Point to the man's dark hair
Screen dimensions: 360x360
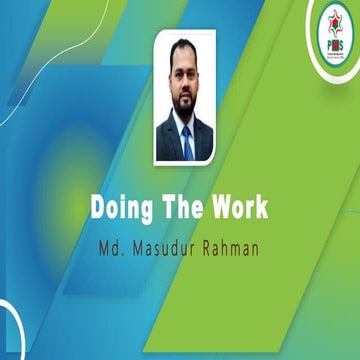point(181,48)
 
